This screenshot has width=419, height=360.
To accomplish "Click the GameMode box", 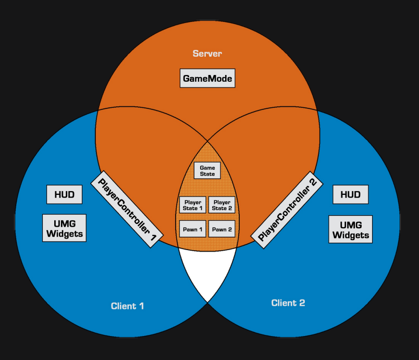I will click(207, 79).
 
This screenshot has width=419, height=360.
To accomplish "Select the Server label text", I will click(207, 54).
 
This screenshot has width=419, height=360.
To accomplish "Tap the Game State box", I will click(207, 171).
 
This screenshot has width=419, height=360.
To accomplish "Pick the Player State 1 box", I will click(192, 205).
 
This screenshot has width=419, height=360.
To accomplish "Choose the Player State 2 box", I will click(221, 205).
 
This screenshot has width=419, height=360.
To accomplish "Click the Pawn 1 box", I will click(192, 229).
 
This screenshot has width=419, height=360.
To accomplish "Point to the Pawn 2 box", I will click(221, 229).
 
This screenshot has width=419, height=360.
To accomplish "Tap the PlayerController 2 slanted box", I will click(288, 207).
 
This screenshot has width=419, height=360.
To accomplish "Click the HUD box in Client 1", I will click(64, 195).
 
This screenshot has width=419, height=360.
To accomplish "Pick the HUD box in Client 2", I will click(350, 195).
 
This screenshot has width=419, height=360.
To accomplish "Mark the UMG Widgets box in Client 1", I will click(64, 229).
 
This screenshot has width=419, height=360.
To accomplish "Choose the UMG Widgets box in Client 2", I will click(350, 230).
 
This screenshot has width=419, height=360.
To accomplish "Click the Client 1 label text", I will click(127, 306).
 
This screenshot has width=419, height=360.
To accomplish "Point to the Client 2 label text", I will click(288, 303).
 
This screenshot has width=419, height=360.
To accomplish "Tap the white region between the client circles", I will click(207, 274).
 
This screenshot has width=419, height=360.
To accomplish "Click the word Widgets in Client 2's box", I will click(350, 235).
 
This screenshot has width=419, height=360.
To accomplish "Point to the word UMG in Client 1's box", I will click(64, 224).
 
